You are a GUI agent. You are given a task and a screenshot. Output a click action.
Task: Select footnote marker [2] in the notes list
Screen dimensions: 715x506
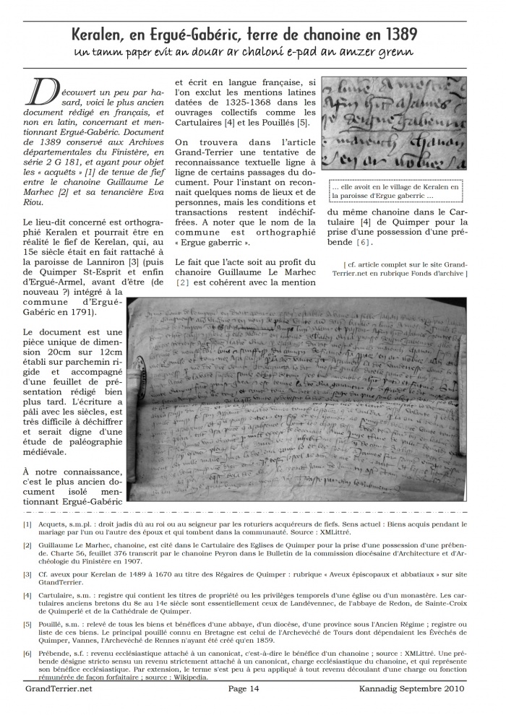coord(27,550)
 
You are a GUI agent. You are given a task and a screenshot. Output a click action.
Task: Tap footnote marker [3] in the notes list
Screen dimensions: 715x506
coord(27,574)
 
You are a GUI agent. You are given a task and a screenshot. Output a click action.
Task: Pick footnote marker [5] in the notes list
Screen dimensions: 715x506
coord(27,623)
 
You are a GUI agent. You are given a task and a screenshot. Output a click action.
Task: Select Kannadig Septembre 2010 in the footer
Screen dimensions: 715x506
coord(411,689)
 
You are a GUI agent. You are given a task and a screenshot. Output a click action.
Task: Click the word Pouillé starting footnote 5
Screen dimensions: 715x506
coord(56,623)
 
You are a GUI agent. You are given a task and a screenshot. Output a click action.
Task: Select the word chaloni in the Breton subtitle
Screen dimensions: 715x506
coord(275,53)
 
